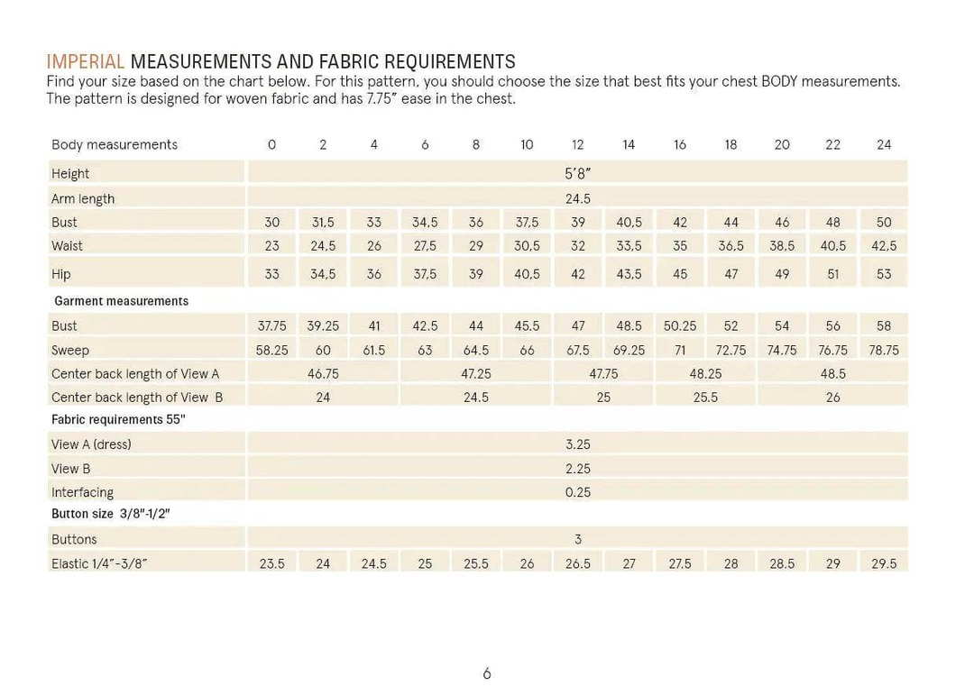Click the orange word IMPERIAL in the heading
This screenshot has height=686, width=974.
pos(86,62)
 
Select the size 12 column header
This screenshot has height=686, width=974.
pos(578,144)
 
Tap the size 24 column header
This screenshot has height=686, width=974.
pos(884,144)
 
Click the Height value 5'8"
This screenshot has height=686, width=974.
pos(578,174)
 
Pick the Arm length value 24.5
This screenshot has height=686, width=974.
pos(578,198)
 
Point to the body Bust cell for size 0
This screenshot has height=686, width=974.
pos(271,223)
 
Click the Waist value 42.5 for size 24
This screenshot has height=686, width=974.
pos(884,246)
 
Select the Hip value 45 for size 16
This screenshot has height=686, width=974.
pos(680,274)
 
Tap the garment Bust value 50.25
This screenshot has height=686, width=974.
pos(680,326)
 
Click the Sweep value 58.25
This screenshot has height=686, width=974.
pos(271,350)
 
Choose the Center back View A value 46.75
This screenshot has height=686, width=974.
pos(323,373)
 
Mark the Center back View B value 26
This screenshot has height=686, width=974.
pos(833,397)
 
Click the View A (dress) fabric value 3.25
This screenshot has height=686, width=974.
pos(578,444)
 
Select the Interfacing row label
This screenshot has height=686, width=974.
pos(83,492)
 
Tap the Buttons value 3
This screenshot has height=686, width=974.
pos(578,539)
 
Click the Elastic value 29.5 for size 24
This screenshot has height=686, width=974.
pos(884,563)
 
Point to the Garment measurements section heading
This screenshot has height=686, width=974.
pos(121,301)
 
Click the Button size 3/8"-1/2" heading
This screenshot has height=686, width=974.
pos(111,514)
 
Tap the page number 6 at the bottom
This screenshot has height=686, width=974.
pos(487,672)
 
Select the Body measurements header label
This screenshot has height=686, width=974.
pos(115,144)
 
